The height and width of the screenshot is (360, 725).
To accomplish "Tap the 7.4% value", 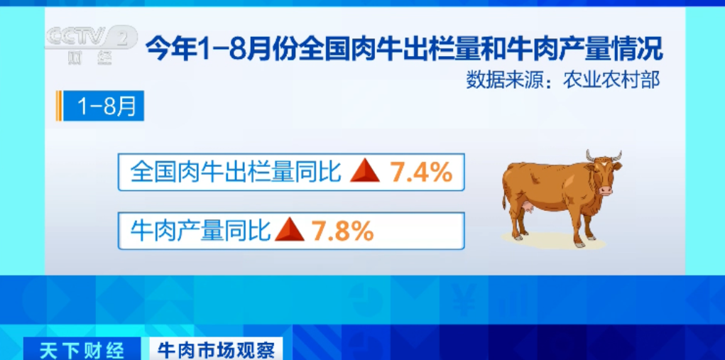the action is point(421,173).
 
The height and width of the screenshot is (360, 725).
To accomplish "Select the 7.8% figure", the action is point(343,231).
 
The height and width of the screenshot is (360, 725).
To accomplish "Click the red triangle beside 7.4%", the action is point(365,171).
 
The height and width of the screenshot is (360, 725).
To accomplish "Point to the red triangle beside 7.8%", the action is point(290,229).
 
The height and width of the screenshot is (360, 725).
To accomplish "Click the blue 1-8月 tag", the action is point(104,106).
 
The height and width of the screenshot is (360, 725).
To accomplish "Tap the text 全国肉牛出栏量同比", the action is point(236,173).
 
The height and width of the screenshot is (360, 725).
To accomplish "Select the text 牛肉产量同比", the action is point(200,231).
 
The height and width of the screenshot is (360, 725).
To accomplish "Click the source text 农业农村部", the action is point(611,81).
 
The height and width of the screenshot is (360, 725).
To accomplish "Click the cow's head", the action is point(604,171).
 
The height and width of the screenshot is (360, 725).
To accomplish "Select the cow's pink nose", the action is point(606,190).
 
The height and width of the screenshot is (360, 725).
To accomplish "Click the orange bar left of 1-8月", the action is point(58,106).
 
